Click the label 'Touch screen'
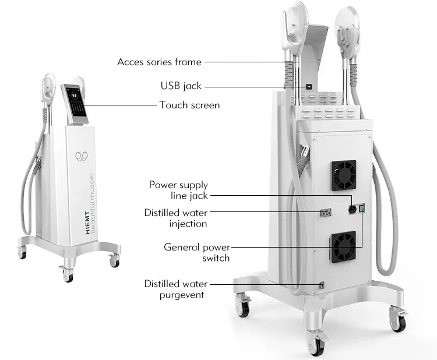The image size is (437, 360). point(189,105)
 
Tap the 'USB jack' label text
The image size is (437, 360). point(181,86)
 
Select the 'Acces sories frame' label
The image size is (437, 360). point(159,62)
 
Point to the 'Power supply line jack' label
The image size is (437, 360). point(178,190)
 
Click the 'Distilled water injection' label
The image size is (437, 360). point(175,218)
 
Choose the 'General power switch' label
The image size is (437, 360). point(196,252)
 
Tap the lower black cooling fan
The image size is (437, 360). point(344,245)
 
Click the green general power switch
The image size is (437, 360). point(362,208)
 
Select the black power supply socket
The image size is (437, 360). point(352,209)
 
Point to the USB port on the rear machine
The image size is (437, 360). point(308,86)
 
